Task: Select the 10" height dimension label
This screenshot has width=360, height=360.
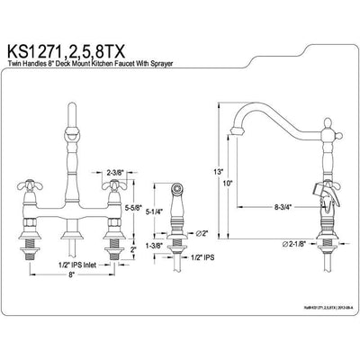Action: pyautogui.click(x=229, y=184)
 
